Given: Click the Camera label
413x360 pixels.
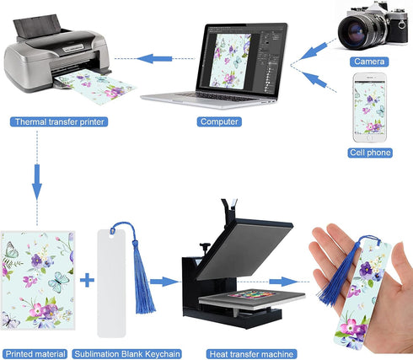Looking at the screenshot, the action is tap(369, 62).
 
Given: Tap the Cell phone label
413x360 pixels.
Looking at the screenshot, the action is tap(370, 153).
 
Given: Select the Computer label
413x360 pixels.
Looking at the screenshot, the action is tap(219, 121).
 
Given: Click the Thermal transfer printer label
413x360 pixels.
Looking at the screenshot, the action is tap(59, 121).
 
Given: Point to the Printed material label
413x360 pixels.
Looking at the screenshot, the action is tap(35, 354).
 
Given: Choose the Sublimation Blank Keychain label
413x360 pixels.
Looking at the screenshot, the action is tap(127, 354).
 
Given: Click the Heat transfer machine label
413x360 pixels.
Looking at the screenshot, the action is tap(252, 354).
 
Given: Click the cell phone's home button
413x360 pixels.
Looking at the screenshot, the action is tap(370, 138).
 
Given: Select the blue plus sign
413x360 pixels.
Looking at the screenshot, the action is tap(87, 280).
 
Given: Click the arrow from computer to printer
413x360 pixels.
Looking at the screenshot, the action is tap(154, 59).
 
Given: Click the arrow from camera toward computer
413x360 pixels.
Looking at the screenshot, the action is tap(314, 51).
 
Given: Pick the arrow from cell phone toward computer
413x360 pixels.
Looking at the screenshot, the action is tap(314, 79).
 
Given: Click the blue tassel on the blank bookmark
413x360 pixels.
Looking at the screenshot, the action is tap(143, 281).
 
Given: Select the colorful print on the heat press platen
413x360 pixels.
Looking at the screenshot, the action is tap(252, 294).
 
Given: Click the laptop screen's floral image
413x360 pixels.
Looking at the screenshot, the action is tap(230, 60).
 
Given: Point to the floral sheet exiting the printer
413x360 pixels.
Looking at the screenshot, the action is tap(97, 87).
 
